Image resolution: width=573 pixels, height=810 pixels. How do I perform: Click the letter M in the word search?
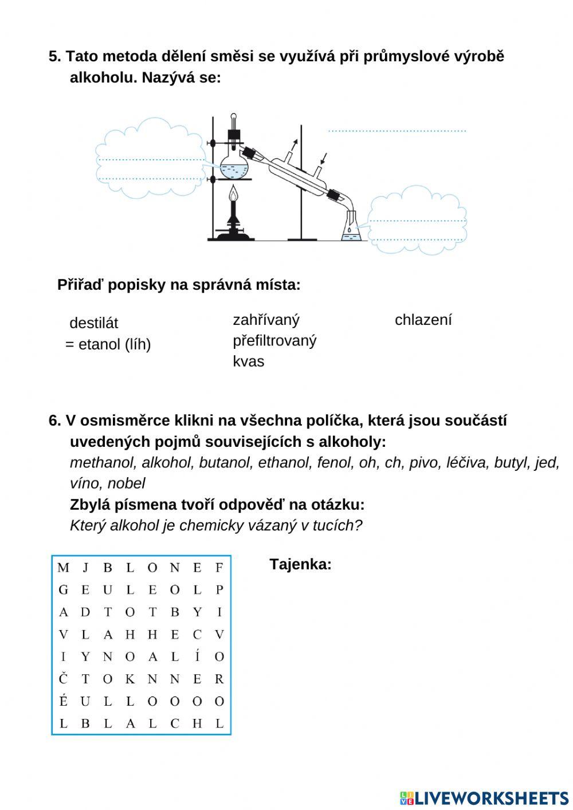tap(63, 568)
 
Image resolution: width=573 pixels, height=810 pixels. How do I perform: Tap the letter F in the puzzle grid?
tap(219, 568)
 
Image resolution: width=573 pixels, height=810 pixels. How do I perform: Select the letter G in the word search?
tap(63, 590)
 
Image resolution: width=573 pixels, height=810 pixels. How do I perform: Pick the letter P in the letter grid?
tap(219, 590)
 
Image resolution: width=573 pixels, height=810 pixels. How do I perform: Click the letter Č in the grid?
tap(63, 679)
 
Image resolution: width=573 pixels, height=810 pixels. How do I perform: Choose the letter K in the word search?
tap(130, 679)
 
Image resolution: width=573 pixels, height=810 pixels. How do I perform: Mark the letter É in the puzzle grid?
tap(63, 701)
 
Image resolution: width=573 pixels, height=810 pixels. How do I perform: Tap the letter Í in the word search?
tap(197, 656)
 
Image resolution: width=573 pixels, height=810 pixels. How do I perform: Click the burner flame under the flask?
tap(233, 196)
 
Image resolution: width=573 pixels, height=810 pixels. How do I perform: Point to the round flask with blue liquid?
tap(234, 167)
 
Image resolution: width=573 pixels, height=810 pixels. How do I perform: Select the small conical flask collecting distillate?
tap(350, 229)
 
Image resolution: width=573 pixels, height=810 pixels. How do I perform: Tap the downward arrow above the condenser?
tap(324, 158)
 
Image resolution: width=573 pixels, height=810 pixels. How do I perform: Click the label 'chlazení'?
tap(423, 320)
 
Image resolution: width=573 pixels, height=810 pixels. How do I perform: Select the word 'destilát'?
tap(93, 323)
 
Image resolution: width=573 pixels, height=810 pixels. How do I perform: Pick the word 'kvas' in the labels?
tap(248, 361)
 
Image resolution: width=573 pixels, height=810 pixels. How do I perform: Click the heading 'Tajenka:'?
tap(300, 564)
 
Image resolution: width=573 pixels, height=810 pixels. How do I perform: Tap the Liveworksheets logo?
tap(484, 798)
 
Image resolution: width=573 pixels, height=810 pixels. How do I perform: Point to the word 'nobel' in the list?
tap(126, 483)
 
